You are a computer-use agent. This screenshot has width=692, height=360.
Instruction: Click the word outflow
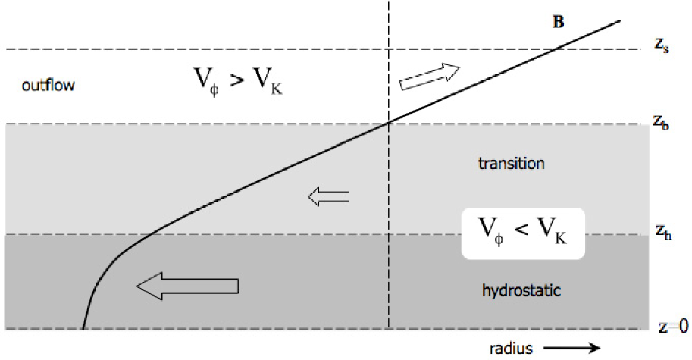click(49, 86)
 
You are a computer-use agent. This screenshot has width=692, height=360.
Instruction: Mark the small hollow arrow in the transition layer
click(328, 197)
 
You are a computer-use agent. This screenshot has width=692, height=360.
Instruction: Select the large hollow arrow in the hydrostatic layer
click(187, 285)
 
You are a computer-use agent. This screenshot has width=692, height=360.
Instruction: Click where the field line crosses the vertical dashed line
click(389, 122)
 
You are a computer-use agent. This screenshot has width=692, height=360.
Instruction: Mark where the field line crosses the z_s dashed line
click(558, 49)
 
